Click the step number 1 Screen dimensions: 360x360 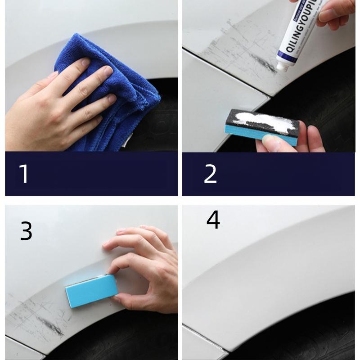[24, 174]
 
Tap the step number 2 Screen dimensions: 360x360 [210, 174]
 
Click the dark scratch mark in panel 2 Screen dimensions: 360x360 [263, 63]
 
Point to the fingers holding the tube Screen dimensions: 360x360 [333, 13]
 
